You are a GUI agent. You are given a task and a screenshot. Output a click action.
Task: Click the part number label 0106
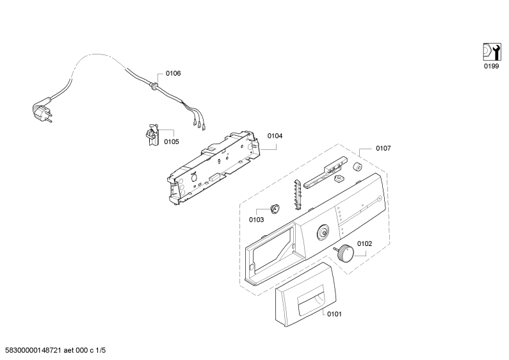(173, 74)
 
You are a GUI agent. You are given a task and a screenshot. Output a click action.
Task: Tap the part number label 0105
(171, 142)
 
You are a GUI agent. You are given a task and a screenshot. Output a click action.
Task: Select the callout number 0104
(275, 136)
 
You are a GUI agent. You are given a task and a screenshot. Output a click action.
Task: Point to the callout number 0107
(383, 148)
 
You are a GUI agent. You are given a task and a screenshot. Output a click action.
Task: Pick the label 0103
(256, 220)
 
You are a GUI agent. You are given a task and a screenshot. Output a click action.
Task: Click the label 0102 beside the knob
(364, 243)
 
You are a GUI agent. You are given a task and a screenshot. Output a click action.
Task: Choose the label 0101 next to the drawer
(334, 314)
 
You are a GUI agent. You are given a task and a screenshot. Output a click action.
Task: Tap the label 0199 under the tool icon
(491, 66)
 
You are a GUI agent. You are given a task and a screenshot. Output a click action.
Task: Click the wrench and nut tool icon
(492, 52)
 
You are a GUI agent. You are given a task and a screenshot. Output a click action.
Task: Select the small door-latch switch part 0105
(152, 135)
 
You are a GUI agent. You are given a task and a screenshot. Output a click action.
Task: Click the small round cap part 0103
(275, 208)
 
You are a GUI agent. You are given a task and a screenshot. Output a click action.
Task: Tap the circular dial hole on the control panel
(323, 232)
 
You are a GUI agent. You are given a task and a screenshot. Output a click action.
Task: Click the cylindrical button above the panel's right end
(358, 167)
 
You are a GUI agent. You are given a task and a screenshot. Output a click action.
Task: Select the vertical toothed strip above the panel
(298, 193)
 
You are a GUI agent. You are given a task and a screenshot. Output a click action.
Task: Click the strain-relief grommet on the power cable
(154, 85)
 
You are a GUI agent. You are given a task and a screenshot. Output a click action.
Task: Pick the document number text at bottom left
(54, 350)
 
